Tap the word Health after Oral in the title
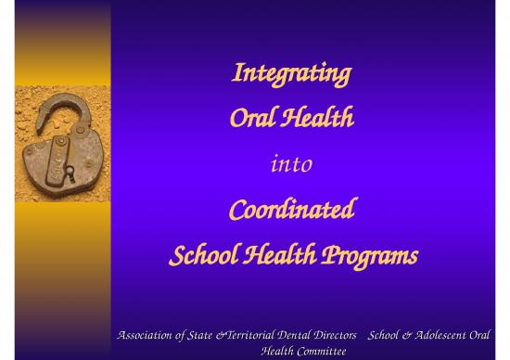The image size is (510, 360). [314, 120]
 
